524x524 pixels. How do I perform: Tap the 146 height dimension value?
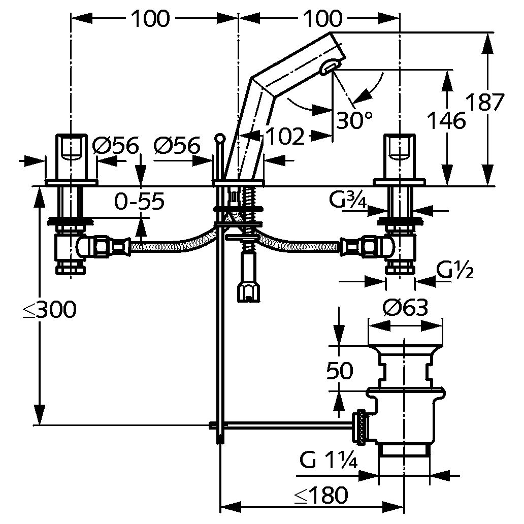[x=447, y=120]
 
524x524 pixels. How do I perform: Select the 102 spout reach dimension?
[x=286, y=137]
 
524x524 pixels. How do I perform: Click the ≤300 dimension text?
[x=50, y=309]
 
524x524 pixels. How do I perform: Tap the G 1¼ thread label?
[x=329, y=461]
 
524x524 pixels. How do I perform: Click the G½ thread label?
[x=455, y=271]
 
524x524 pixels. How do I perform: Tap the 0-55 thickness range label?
[x=139, y=201]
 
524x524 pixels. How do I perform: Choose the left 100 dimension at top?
[x=150, y=19]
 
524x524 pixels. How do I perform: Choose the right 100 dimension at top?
[x=323, y=19]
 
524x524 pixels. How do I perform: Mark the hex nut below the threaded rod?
[x=248, y=292]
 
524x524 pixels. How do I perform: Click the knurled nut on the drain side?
[x=362, y=427]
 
